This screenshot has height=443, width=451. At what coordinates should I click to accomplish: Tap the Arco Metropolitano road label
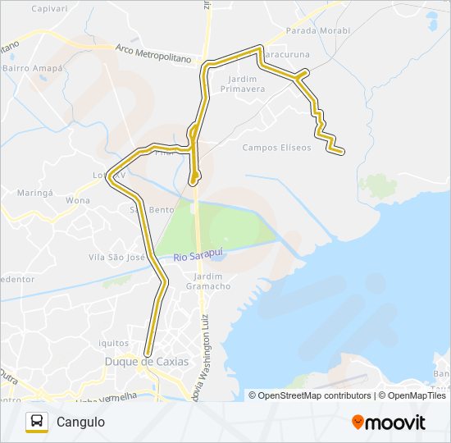click(x=153, y=54)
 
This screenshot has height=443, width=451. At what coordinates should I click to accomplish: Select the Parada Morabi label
click(x=317, y=30)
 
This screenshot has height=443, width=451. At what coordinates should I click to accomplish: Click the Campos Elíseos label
click(x=277, y=148)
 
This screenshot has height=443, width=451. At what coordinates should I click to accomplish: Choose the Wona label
click(x=78, y=200)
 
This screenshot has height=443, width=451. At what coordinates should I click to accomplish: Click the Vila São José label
click(x=116, y=257)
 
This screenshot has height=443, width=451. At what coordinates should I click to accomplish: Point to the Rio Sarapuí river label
click(x=198, y=257)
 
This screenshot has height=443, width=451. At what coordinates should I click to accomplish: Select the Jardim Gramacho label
click(x=207, y=281)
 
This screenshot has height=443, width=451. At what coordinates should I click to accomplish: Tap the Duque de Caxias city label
click(x=146, y=361)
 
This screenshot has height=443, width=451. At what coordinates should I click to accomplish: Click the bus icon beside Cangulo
click(x=37, y=422)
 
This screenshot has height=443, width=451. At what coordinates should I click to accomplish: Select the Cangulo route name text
click(x=80, y=422)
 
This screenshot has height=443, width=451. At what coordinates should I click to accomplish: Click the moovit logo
click(x=389, y=422)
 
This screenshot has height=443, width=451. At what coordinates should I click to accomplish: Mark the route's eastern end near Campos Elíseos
click(x=340, y=151)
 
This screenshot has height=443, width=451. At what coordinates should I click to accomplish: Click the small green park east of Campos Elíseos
click(x=378, y=186)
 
